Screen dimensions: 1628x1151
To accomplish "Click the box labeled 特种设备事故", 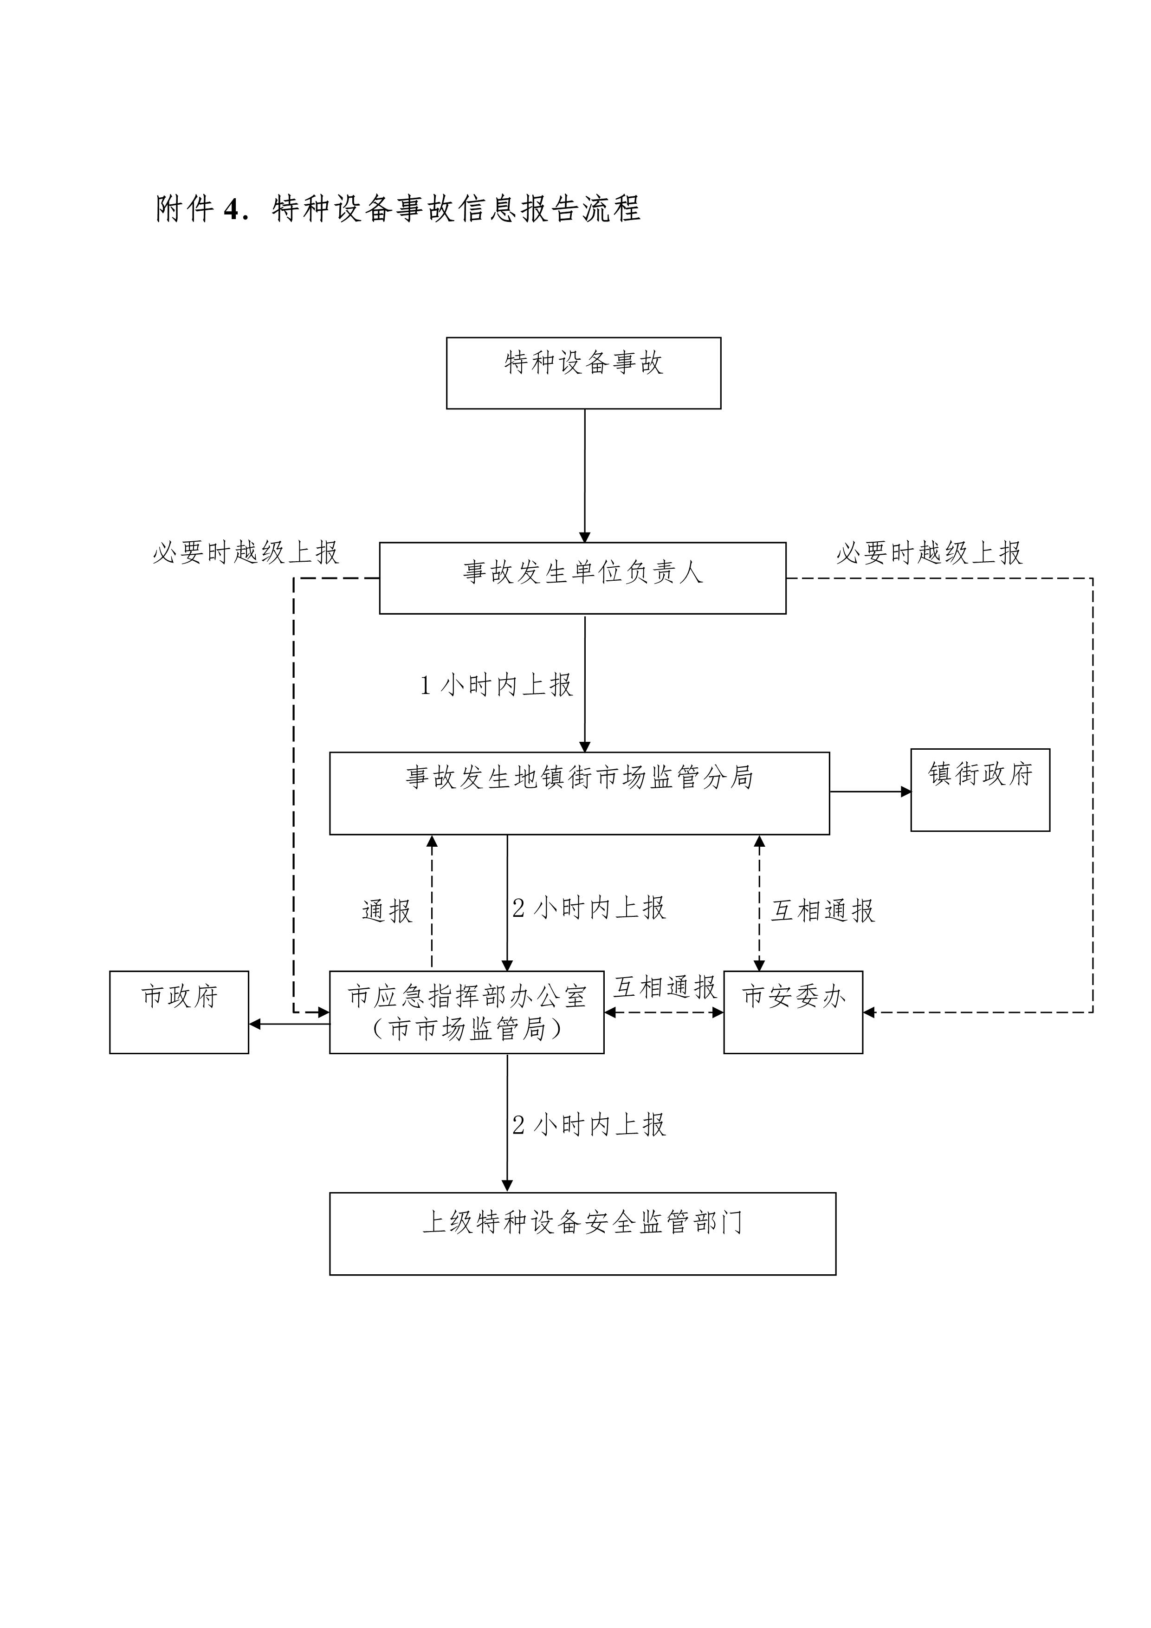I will click(x=583, y=373).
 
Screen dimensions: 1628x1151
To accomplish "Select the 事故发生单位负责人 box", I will click(x=582, y=578).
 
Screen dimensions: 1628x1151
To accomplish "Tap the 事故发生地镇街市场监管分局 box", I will click(x=579, y=793).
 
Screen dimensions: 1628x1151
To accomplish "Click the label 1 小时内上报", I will click(x=496, y=685).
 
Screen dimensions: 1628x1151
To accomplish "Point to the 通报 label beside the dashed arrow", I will click(x=387, y=911).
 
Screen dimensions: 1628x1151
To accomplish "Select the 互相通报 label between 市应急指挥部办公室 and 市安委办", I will click(x=665, y=987).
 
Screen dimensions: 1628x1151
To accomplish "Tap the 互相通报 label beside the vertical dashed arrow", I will click(x=823, y=911).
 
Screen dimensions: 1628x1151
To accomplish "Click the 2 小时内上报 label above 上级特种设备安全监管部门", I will click(x=589, y=1125).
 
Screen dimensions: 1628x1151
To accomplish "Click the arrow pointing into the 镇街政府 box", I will click(x=870, y=791).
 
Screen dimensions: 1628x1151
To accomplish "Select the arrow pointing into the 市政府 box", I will click(x=289, y=1024).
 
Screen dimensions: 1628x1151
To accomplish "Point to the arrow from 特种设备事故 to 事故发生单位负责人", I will click(x=585, y=475).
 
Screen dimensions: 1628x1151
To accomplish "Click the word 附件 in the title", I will click(x=185, y=208).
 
